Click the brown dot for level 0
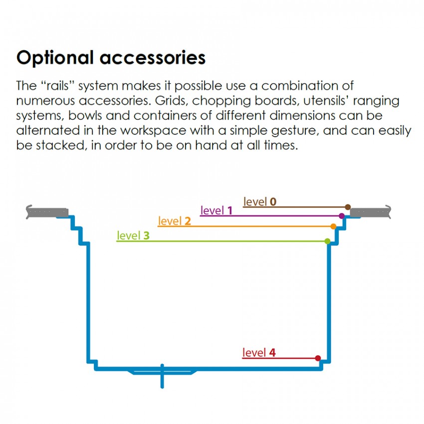pos(348,207)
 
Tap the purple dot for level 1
pos(342,216)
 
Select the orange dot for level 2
pos(333,226)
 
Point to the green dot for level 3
pos(327,241)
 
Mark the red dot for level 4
pos(318,358)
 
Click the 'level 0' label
pos(260,202)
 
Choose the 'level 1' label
pos(216,211)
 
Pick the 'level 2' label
pos(174,221)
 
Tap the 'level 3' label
pos(133,235)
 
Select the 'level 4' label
pos(259,353)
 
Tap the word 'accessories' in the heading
pos(153,58)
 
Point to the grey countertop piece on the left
pos(47,212)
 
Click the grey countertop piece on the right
pos(370,212)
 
